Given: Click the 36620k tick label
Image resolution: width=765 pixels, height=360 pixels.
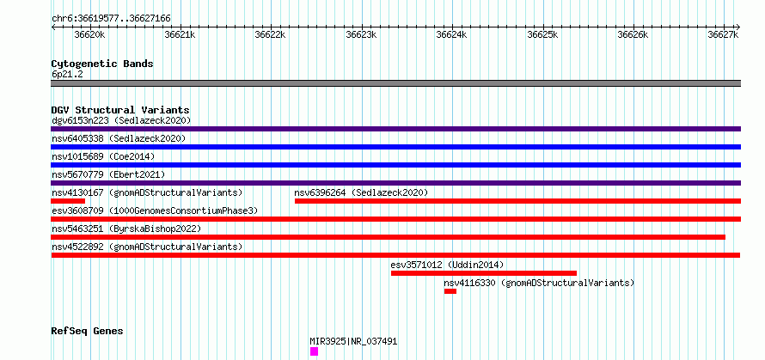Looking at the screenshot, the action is pyautogui.click(x=89, y=34).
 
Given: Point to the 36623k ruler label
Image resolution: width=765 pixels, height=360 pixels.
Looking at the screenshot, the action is pyautogui.click(x=361, y=34).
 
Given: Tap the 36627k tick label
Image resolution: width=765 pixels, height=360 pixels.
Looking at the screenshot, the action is pyautogui.click(x=723, y=34).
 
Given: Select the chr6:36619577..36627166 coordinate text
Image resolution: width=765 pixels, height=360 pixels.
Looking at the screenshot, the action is pyautogui.click(x=111, y=19).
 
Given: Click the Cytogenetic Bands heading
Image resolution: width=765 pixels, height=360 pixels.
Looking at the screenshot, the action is pyautogui.click(x=102, y=64).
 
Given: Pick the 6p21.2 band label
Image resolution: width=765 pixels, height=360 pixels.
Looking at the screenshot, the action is pyautogui.click(x=67, y=75).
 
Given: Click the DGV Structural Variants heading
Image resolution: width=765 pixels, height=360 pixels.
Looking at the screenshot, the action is pyautogui.click(x=120, y=110).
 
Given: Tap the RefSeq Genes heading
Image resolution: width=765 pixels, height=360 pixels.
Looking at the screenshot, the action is pyautogui.click(x=87, y=332).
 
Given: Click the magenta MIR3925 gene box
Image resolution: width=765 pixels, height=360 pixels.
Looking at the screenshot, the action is pyautogui.click(x=314, y=351).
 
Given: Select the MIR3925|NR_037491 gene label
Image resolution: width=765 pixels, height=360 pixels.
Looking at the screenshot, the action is pyautogui.click(x=354, y=341).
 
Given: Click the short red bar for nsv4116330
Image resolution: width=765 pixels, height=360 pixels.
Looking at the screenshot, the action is pyautogui.click(x=450, y=291).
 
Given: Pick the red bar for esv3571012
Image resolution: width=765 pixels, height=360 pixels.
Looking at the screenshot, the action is pyautogui.click(x=483, y=273).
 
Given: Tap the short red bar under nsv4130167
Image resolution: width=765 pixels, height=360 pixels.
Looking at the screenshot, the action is pyautogui.click(x=68, y=201).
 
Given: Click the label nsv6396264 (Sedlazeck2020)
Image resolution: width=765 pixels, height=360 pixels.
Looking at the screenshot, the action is pyautogui.click(x=361, y=192).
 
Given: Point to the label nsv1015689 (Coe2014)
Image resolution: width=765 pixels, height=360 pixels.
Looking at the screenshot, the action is pyautogui.click(x=103, y=156).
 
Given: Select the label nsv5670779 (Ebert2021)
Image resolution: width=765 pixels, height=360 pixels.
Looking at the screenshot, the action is pyautogui.click(x=108, y=174).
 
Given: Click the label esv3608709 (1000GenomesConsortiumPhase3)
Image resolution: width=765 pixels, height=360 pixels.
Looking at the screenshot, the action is pyautogui.click(x=155, y=211).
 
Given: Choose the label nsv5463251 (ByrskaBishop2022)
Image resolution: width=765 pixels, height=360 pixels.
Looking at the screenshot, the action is pyautogui.click(x=126, y=229).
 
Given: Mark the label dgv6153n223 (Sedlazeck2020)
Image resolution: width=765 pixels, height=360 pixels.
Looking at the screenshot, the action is pyautogui.click(x=121, y=120).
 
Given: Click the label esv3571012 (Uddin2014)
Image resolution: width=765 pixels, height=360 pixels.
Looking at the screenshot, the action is pyautogui.click(x=447, y=265).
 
